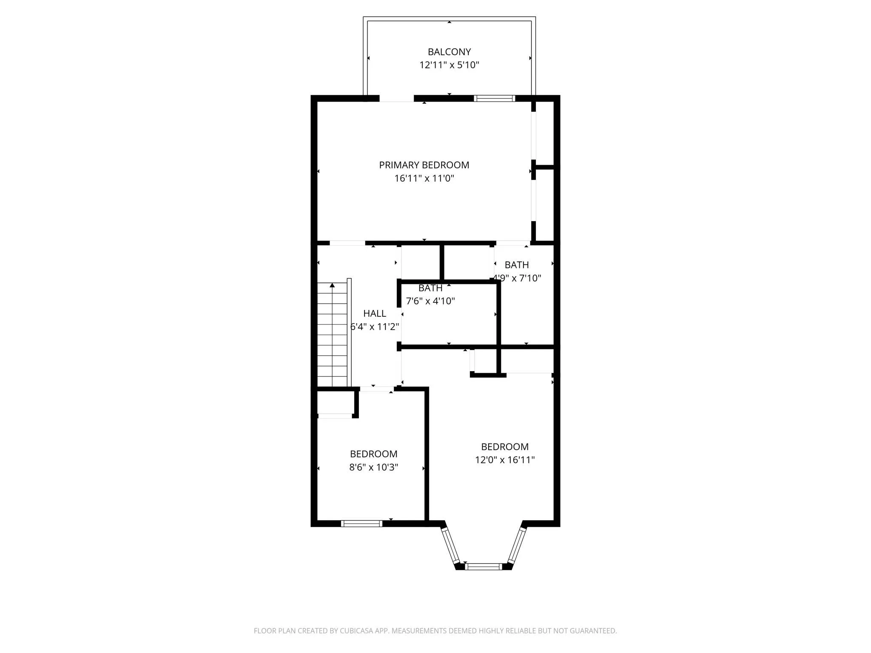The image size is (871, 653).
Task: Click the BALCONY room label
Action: tap(449, 52)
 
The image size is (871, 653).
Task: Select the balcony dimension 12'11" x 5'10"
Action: tap(449, 65)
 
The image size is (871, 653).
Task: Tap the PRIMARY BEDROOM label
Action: tap(424, 165)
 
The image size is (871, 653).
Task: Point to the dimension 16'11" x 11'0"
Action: tap(424, 178)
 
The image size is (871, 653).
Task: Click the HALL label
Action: tap(375, 313)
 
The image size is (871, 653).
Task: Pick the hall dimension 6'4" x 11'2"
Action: tap(375, 326)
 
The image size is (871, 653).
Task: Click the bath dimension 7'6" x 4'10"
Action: tap(430, 301)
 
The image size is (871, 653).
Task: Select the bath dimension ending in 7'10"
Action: tap(517, 278)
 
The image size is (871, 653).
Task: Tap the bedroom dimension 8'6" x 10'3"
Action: tap(373, 467)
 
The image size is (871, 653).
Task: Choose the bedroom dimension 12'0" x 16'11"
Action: tap(505, 460)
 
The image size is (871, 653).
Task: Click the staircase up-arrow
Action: tap(332, 285)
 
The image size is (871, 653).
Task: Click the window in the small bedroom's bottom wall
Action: tap(361, 523)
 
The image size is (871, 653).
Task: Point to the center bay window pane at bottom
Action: tap(483, 566)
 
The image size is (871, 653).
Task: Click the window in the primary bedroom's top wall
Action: tap(495, 98)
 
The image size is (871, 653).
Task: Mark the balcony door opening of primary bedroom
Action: tap(396, 98)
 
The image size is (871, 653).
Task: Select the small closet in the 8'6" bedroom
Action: tap(335, 403)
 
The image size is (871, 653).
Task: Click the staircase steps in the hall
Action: tap(332, 336)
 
